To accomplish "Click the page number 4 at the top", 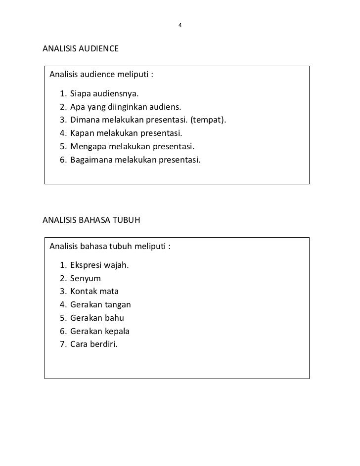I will pyautogui.click(x=180, y=25).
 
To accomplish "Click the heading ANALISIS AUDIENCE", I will pyautogui.click(x=81, y=49).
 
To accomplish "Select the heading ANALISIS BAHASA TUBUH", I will pyautogui.click(x=91, y=220).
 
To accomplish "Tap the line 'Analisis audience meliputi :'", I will pyautogui.click(x=101, y=75).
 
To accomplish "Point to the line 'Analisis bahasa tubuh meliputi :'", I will pyautogui.click(x=110, y=246).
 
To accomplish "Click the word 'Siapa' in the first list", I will pyautogui.click(x=81, y=93).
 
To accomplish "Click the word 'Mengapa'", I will pyautogui.click(x=87, y=147).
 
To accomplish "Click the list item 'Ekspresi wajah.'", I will pyautogui.click(x=99, y=265).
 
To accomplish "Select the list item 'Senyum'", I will pyautogui.click(x=85, y=278).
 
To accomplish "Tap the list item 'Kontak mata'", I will pyautogui.click(x=94, y=291).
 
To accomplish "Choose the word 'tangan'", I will pyautogui.click(x=118, y=305).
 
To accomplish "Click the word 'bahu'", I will pyautogui.click(x=114, y=318).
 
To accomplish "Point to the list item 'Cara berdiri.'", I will pyautogui.click(x=94, y=344).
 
